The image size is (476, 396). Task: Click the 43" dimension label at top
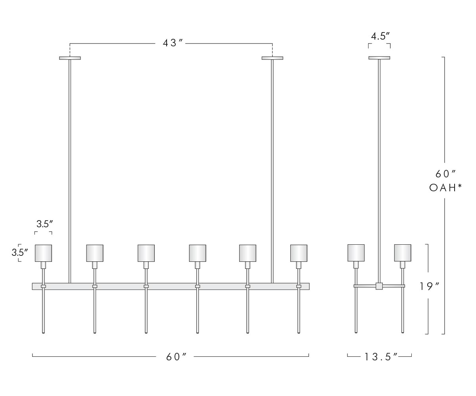click(173, 43)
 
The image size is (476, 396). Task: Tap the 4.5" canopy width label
click(380, 36)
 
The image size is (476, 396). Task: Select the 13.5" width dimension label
click(381, 357)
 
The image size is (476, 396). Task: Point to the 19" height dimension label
click(429, 286)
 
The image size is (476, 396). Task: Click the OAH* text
click(445, 188)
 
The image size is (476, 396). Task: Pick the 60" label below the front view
click(176, 357)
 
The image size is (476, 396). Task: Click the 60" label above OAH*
click(445, 174)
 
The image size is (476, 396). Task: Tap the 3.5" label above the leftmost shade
click(45, 224)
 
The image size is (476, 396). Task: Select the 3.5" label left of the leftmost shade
click(20, 252)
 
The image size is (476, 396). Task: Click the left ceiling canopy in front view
click(70, 58)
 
